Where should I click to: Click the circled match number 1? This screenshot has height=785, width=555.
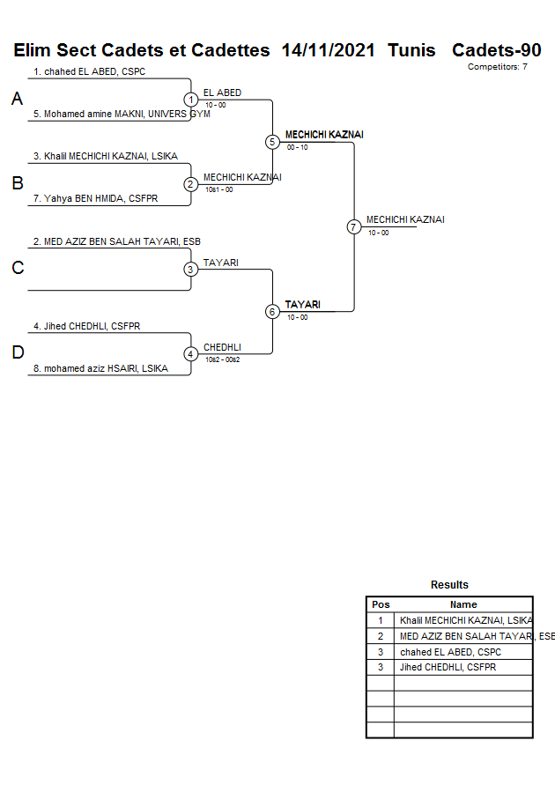pos(190,100)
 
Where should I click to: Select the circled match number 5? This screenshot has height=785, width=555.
pos(272,142)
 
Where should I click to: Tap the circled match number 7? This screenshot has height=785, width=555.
pos(353,226)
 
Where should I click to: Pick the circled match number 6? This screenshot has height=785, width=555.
pos(272,311)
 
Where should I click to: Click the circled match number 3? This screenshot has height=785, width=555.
pos(190,269)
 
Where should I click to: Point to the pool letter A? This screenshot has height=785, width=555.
pos(17,100)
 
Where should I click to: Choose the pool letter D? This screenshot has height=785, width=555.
pos(17,353)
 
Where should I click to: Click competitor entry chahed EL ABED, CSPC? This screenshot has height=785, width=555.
pos(89,71)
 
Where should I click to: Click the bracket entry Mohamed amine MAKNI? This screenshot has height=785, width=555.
pos(122,114)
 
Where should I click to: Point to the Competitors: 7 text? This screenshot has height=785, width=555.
pos(497,67)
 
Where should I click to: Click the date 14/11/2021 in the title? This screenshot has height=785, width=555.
pos(329,50)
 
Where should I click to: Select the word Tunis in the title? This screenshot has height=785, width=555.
pos(411,50)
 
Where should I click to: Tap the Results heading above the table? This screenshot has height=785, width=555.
pos(449,585)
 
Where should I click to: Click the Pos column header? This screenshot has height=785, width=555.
pos(381,604)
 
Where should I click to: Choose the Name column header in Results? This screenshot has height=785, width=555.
pos(463,604)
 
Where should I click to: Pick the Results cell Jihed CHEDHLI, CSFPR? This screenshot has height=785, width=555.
pos(448,667)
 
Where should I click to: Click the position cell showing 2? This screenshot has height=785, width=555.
pos(381,636)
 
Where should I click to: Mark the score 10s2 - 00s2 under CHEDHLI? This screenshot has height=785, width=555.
pos(222,359)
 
